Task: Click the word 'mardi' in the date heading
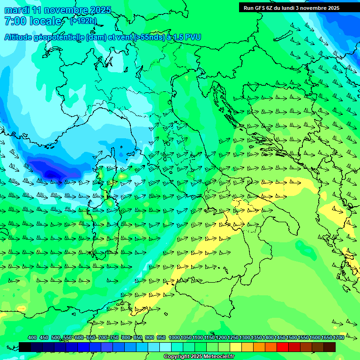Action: tap(15, 10)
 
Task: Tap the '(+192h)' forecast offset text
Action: tap(83, 21)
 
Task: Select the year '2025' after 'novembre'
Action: tap(99, 10)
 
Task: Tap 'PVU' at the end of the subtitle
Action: tap(191, 37)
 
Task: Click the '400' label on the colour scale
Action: tap(32, 337)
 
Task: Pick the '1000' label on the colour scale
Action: tap(174, 337)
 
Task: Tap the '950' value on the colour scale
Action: tap(161, 337)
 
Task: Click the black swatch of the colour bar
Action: tap(25, 347)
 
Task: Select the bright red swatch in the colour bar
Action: tap(283, 347)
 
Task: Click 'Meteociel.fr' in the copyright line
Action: tap(218, 357)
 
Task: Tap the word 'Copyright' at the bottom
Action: tap(177, 357)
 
